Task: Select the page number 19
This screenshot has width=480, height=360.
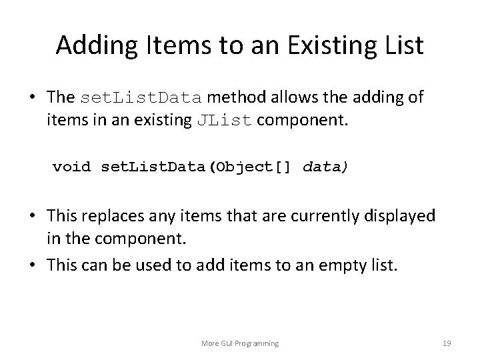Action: [447, 343]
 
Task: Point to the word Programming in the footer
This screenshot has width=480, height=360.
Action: [257, 343]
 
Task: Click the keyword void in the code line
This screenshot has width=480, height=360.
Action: [72, 165]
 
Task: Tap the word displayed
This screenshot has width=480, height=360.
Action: [407, 216]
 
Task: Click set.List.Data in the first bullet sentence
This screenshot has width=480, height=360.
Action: [141, 98]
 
